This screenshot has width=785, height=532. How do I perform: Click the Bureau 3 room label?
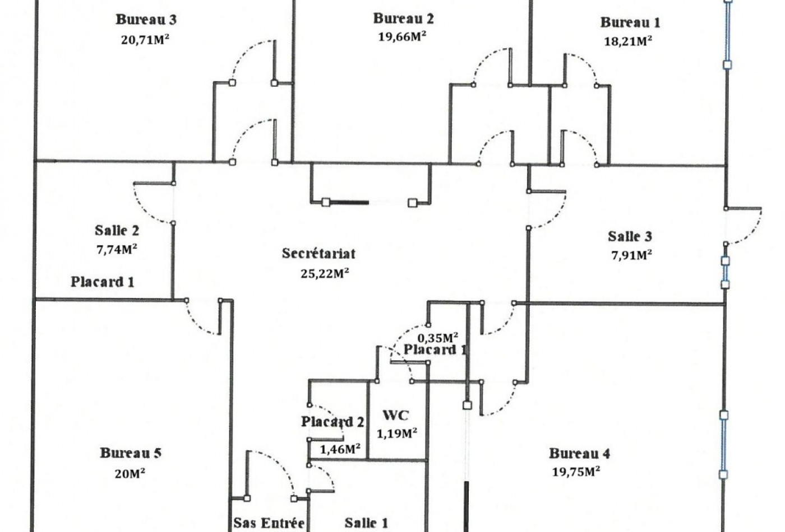click(146, 20)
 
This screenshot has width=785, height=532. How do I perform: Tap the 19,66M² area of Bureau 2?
click(402, 36)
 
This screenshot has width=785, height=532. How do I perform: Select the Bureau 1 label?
click(630, 22)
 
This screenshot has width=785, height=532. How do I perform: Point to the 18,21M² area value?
click(628, 41)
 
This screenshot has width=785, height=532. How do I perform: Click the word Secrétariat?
click(318, 253)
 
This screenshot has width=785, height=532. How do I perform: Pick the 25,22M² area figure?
click(325, 273)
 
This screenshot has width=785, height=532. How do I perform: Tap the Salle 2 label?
click(117, 230)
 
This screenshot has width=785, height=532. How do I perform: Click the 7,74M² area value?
click(117, 249)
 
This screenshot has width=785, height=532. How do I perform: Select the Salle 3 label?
click(630, 236)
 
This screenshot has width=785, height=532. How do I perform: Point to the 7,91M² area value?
click(631, 255)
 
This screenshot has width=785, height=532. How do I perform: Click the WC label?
click(396, 415)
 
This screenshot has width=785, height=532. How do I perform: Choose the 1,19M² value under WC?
click(397, 433)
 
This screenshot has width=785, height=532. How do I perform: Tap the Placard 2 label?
click(333, 422)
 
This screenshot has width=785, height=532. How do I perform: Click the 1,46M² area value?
click(340, 449)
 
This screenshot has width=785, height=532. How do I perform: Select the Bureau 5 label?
click(131, 453)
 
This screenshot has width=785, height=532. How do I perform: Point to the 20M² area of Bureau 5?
click(130, 474)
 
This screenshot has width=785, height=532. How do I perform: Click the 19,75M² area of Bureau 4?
click(576, 472)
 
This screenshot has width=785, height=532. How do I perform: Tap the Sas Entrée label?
click(269, 523)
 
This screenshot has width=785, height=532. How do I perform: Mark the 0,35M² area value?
click(438, 338)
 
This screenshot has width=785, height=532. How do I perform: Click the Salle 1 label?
click(366, 523)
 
